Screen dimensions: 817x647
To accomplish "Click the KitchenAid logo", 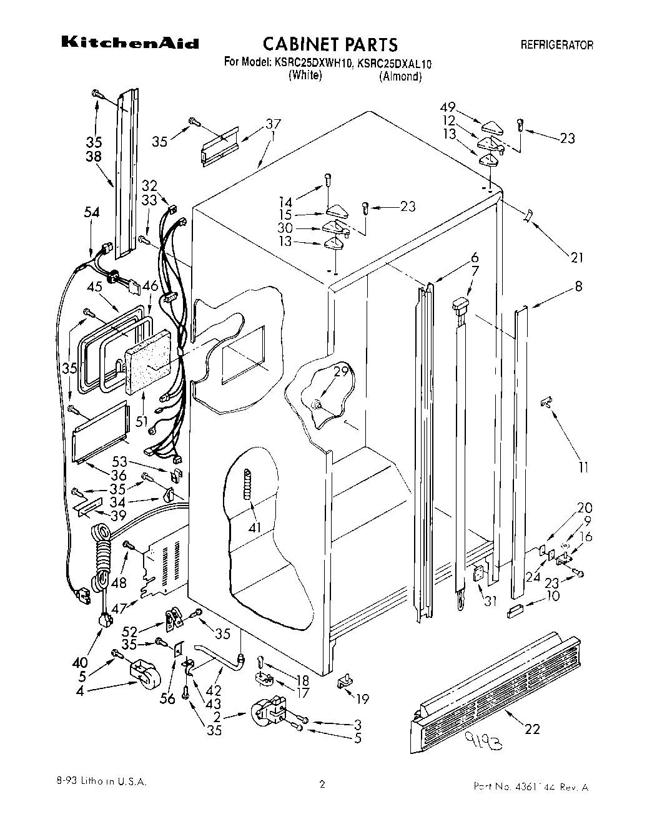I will (x=129, y=43).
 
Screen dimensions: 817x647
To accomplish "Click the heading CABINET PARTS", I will (x=330, y=44).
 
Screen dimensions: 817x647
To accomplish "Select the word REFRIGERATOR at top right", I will (x=556, y=45).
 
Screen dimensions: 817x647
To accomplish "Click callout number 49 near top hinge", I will (x=448, y=107).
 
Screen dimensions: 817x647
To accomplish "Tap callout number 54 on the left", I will (x=92, y=213).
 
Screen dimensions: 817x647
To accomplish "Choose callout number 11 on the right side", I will (x=583, y=466).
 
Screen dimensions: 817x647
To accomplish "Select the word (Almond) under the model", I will (x=400, y=77).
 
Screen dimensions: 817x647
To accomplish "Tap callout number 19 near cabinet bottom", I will (x=362, y=698).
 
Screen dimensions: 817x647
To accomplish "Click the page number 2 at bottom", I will (x=322, y=785).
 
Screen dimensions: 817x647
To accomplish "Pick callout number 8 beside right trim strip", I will (x=578, y=286).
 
